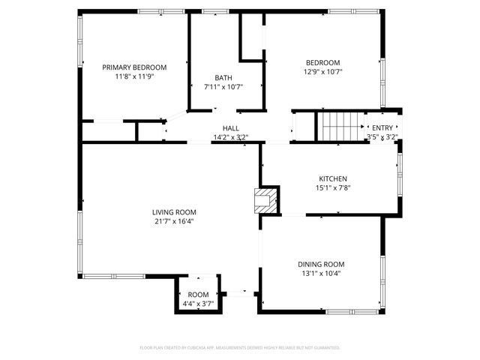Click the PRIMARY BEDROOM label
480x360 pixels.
click(x=134, y=67)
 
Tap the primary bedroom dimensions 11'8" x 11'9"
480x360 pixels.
click(x=134, y=76)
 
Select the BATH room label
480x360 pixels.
click(x=223, y=78)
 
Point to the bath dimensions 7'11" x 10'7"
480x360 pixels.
click(x=223, y=87)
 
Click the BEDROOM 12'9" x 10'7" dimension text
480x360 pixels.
click(x=322, y=72)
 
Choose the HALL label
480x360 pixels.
click(x=231, y=128)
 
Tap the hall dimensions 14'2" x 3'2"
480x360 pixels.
click(x=231, y=137)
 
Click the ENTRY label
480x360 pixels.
click(x=382, y=128)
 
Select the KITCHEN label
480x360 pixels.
click(x=333, y=178)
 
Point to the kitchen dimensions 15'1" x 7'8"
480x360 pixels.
click(x=333, y=187)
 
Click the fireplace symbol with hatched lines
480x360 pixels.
click(x=265, y=200)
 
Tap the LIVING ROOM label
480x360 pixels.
click(x=174, y=212)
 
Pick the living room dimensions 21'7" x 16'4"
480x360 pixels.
click(x=174, y=221)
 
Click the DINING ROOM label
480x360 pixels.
click(x=321, y=264)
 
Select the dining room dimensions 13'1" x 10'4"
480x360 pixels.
click(x=321, y=273)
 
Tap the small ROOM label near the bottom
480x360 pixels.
click(x=198, y=295)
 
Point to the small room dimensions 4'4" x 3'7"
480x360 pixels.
click(x=198, y=304)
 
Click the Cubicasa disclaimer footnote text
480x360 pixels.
click(x=240, y=348)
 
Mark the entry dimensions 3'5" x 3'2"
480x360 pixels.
click(x=382, y=137)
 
